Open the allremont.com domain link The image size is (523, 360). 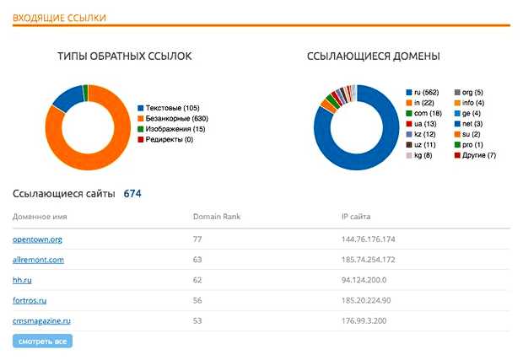[x=38, y=261]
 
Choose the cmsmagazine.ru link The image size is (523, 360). [x=41, y=321]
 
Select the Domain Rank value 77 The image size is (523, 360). [x=197, y=240]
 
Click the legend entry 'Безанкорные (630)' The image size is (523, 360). [x=177, y=118]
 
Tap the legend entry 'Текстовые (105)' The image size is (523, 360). [x=174, y=108]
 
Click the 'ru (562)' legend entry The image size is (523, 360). [x=423, y=92]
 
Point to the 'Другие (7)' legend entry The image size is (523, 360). [x=479, y=155]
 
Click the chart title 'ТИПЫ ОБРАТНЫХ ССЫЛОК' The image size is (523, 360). [x=124, y=56]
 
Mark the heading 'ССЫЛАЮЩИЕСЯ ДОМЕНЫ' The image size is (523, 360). [x=373, y=56]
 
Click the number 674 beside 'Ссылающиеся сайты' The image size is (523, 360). [x=132, y=194]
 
